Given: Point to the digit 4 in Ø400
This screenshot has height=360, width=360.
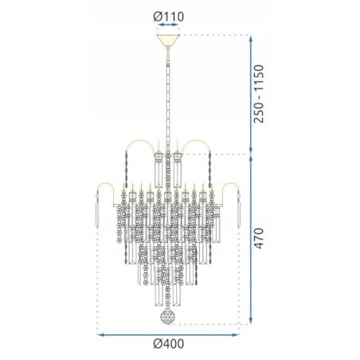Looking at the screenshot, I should (x=162, y=345).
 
